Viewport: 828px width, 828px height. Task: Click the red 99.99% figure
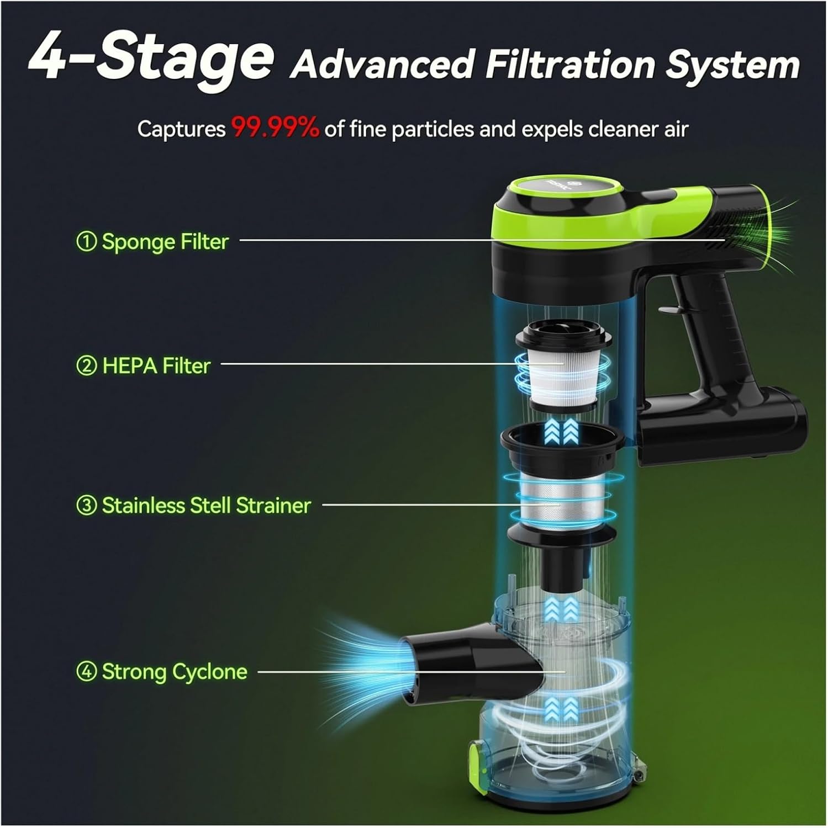(x=275, y=129)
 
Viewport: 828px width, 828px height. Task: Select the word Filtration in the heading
(x=569, y=65)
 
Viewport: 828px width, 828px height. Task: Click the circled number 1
(x=86, y=242)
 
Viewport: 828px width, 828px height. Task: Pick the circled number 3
(x=86, y=506)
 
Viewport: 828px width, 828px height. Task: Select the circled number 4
(x=86, y=672)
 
